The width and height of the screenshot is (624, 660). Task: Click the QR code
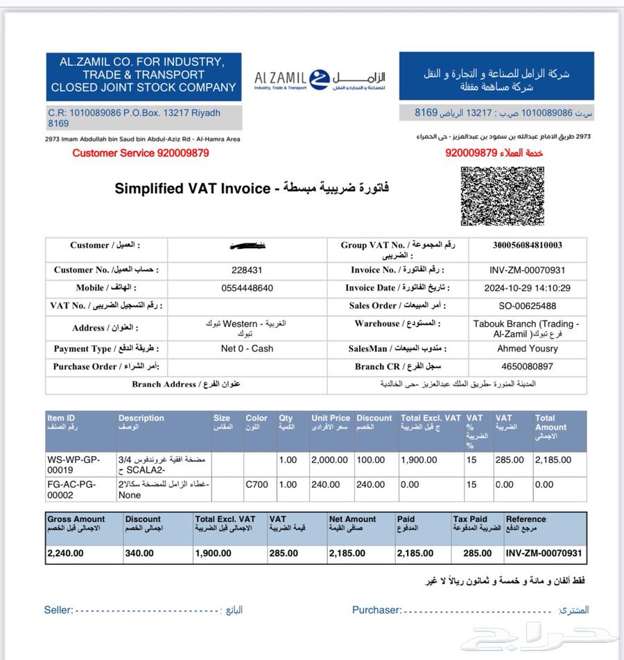coord(502,196)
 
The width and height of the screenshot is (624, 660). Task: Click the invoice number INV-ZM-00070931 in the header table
coord(527,270)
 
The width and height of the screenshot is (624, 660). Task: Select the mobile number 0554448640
coord(247,288)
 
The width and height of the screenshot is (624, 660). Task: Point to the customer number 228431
coord(247,270)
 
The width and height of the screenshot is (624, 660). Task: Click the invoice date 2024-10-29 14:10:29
coord(527,288)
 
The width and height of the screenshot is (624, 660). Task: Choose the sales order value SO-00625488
coord(527,306)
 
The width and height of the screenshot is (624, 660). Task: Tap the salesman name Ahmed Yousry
coord(527,349)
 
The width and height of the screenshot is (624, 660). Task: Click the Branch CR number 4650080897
coord(527,366)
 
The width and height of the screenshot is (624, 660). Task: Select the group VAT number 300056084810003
coord(527,245)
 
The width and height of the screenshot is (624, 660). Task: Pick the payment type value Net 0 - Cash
coord(247,349)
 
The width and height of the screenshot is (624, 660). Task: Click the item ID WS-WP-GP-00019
coord(73,464)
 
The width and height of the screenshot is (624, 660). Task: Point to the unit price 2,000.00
coord(330,460)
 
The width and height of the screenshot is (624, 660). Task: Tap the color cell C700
coord(257,485)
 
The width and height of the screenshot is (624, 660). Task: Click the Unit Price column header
coord(331,422)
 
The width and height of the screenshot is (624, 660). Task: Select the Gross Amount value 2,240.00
coord(65,553)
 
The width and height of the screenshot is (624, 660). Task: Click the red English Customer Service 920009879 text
coord(141,153)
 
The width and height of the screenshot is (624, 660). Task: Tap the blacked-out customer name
coord(247,245)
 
